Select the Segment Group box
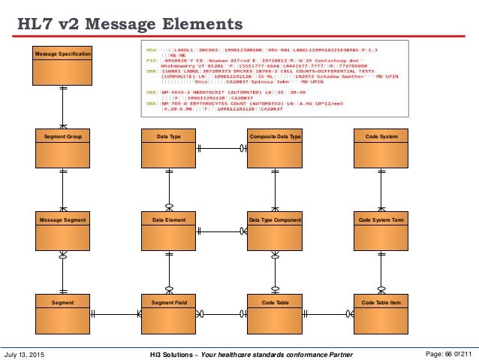(x=63, y=148)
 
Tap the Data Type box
(x=168, y=148)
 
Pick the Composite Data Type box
(x=274, y=148)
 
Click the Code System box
(x=381, y=148)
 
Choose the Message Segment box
(x=63, y=231)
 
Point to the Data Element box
(x=168, y=231)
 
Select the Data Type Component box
(x=274, y=231)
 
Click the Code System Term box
(x=381, y=231)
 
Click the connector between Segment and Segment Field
(x=116, y=313)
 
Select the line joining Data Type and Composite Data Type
(x=221, y=148)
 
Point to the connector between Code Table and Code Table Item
(x=327, y=313)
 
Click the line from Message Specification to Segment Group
(x=63, y=107)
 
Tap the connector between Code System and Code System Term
(x=381, y=189)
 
